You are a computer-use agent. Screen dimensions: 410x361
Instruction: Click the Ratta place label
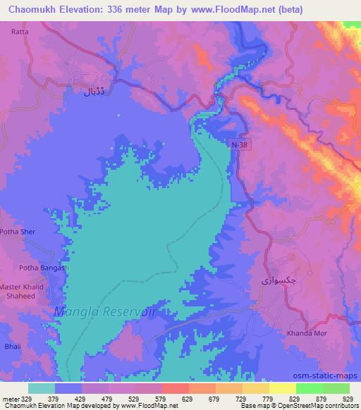click(x=19, y=32)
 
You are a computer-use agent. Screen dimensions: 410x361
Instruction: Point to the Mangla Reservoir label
click(x=104, y=311)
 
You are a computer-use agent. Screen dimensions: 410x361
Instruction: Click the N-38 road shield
click(x=240, y=144)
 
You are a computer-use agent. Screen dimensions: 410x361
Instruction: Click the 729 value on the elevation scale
click(x=255, y=397)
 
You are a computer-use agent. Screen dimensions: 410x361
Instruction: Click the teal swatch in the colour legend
click(x=42, y=388)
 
